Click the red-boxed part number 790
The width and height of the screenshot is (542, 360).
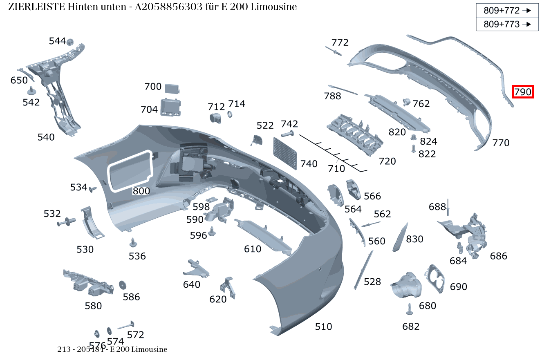tap(523, 92)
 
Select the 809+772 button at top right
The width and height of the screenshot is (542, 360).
tap(507, 11)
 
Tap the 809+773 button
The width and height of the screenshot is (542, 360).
tap(507, 24)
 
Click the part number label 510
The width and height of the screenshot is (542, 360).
tap(323, 326)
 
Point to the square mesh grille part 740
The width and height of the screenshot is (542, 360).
tap(285, 153)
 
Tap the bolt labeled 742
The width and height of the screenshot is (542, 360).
tap(288, 134)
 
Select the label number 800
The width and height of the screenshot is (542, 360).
tap(141, 191)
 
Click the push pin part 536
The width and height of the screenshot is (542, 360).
tap(133, 243)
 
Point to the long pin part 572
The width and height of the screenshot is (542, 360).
tap(126, 326)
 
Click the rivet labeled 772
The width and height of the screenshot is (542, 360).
tap(334, 51)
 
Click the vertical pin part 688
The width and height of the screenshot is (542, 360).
tap(448, 207)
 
